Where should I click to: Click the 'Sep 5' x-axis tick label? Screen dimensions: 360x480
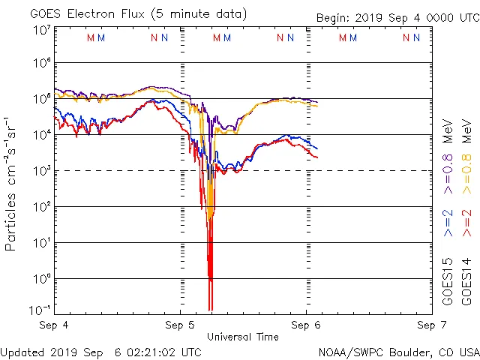[x=180, y=325]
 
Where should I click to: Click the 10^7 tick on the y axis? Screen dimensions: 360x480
[x=42, y=30]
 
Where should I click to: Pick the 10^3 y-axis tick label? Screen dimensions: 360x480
[x=42, y=172]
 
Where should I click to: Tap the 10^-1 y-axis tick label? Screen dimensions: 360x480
[x=40, y=310]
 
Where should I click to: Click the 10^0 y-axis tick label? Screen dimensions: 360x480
[x=42, y=280]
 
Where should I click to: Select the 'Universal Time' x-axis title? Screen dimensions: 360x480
[x=243, y=337]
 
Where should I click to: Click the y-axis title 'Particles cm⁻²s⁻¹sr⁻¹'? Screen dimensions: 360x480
[x=12, y=183]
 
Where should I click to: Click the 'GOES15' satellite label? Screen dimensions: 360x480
[x=448, y=282]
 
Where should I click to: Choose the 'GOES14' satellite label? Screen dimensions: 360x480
[x=467, y=282]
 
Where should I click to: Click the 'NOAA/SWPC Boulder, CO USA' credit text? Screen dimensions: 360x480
[x=398, y=352]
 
